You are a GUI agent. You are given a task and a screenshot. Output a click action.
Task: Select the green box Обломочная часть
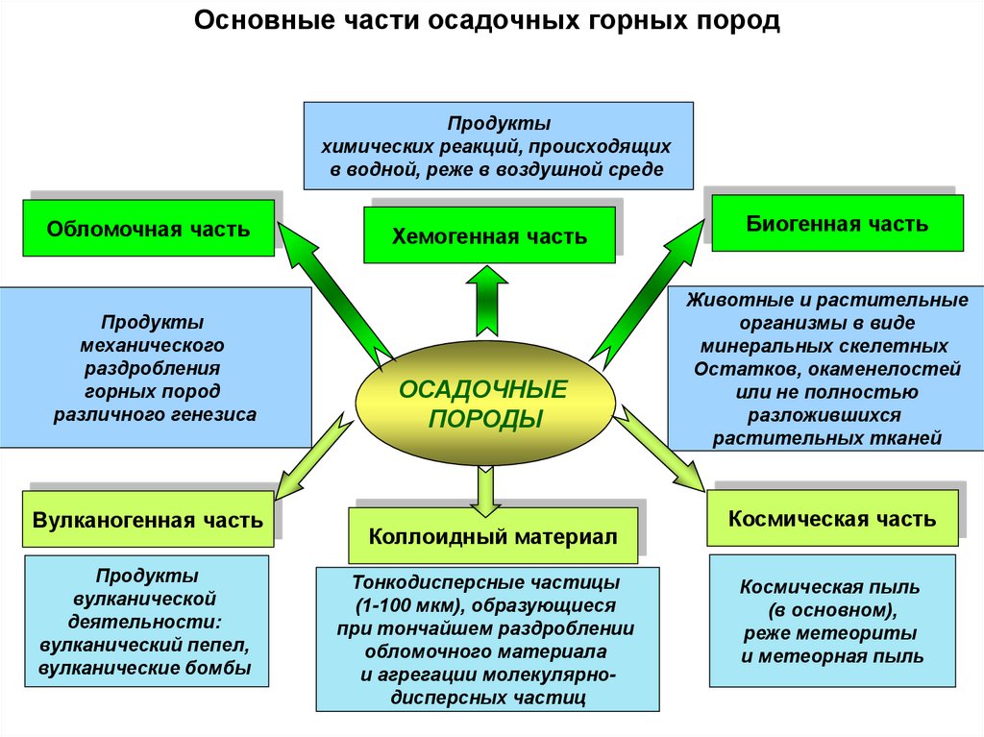149,229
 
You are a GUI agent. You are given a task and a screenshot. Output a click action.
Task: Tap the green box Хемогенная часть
489,235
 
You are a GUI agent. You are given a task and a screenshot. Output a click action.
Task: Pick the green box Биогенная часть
837,224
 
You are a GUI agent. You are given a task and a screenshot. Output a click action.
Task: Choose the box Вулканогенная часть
147,521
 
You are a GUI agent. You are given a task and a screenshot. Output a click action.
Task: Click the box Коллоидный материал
493,536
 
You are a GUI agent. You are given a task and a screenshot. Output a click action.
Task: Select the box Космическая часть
832,519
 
